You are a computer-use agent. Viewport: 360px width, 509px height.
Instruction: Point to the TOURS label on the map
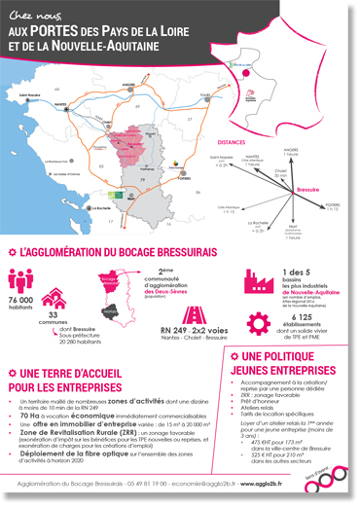click(204, 94)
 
